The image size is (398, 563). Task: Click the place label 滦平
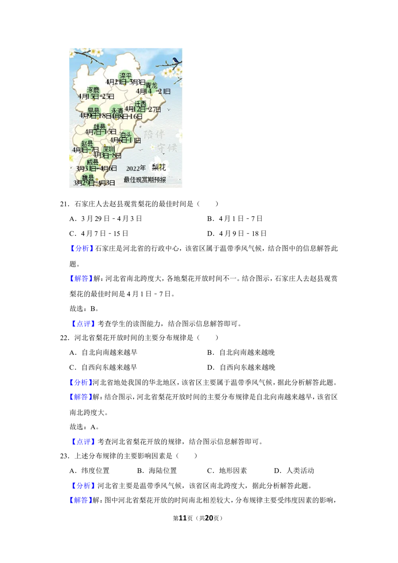pyautogui.click(x=125, y=76)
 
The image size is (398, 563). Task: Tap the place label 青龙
pyautogui.click(x=151, y=85)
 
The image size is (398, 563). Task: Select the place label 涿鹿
pyautogui.click(x=93, y=90)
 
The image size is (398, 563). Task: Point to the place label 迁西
pyautogui.click(x=140, y=104)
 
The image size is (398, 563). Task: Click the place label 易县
pyautogui.click(x=94, y=110)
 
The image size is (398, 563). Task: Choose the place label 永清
pyautogui.click(x=117, y=111)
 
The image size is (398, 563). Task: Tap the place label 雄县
pyautogui.click(x=99, y=127)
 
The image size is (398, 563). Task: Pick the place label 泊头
pyautogui.click(x=125, y=135)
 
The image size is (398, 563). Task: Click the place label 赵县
pyautogui.click(x=87, y=143)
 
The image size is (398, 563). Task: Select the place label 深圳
pyautogui.click(x=109, y=149)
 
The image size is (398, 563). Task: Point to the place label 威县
pyautogui.click(x=92, y=162)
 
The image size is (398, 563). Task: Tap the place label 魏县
pyautogui.click(x=88, y=177)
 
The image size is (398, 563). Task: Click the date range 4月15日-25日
pyautogui.click(x=96, y=96)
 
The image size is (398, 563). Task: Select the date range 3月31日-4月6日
pyautogui.click(x=96, y=168)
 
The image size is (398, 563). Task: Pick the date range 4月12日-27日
pyautogui.click(x=142, y=109)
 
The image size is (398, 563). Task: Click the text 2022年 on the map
pyautogui.click(x=136, y=168)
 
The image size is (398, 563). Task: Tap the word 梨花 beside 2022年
pyautogui.click(x=158, y=167)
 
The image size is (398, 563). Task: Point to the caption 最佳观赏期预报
pyautogui.click(x=144, y=180)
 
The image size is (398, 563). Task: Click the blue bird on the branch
pyautogui.click(x=175, y=60)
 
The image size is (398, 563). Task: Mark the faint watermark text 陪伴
pyautogui.click(x=154, y=134)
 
